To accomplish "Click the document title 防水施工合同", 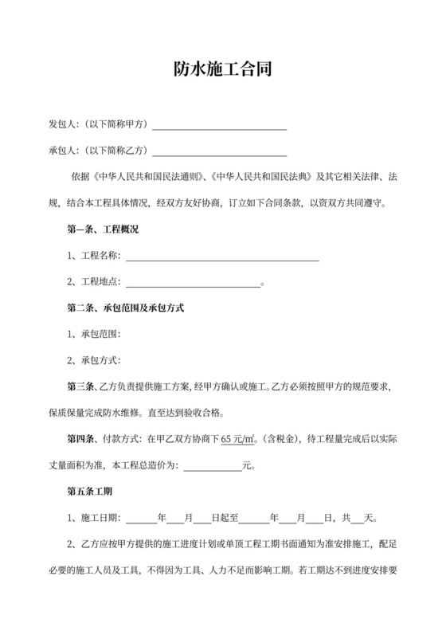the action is coord(223,71).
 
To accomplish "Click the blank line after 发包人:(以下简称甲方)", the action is coord(219,125).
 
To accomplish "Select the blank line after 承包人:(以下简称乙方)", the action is coord(219,151).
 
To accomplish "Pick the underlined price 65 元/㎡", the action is coord(238,438).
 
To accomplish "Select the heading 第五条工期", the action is coord(89,491).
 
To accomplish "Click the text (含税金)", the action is coord(282,438).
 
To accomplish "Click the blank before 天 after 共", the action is coord(357,517).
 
